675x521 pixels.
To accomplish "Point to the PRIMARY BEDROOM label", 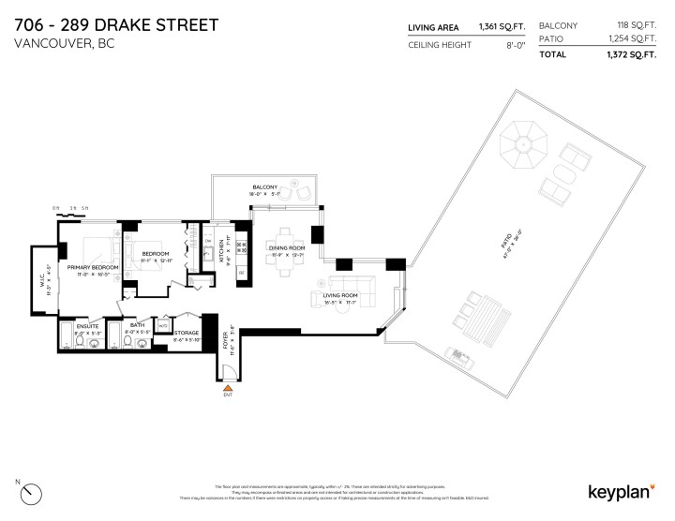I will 93,268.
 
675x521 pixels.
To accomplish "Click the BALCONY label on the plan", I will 263,187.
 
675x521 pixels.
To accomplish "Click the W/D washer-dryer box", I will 163,326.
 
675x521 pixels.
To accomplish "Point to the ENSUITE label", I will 86,327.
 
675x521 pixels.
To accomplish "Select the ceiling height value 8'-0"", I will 515,45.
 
